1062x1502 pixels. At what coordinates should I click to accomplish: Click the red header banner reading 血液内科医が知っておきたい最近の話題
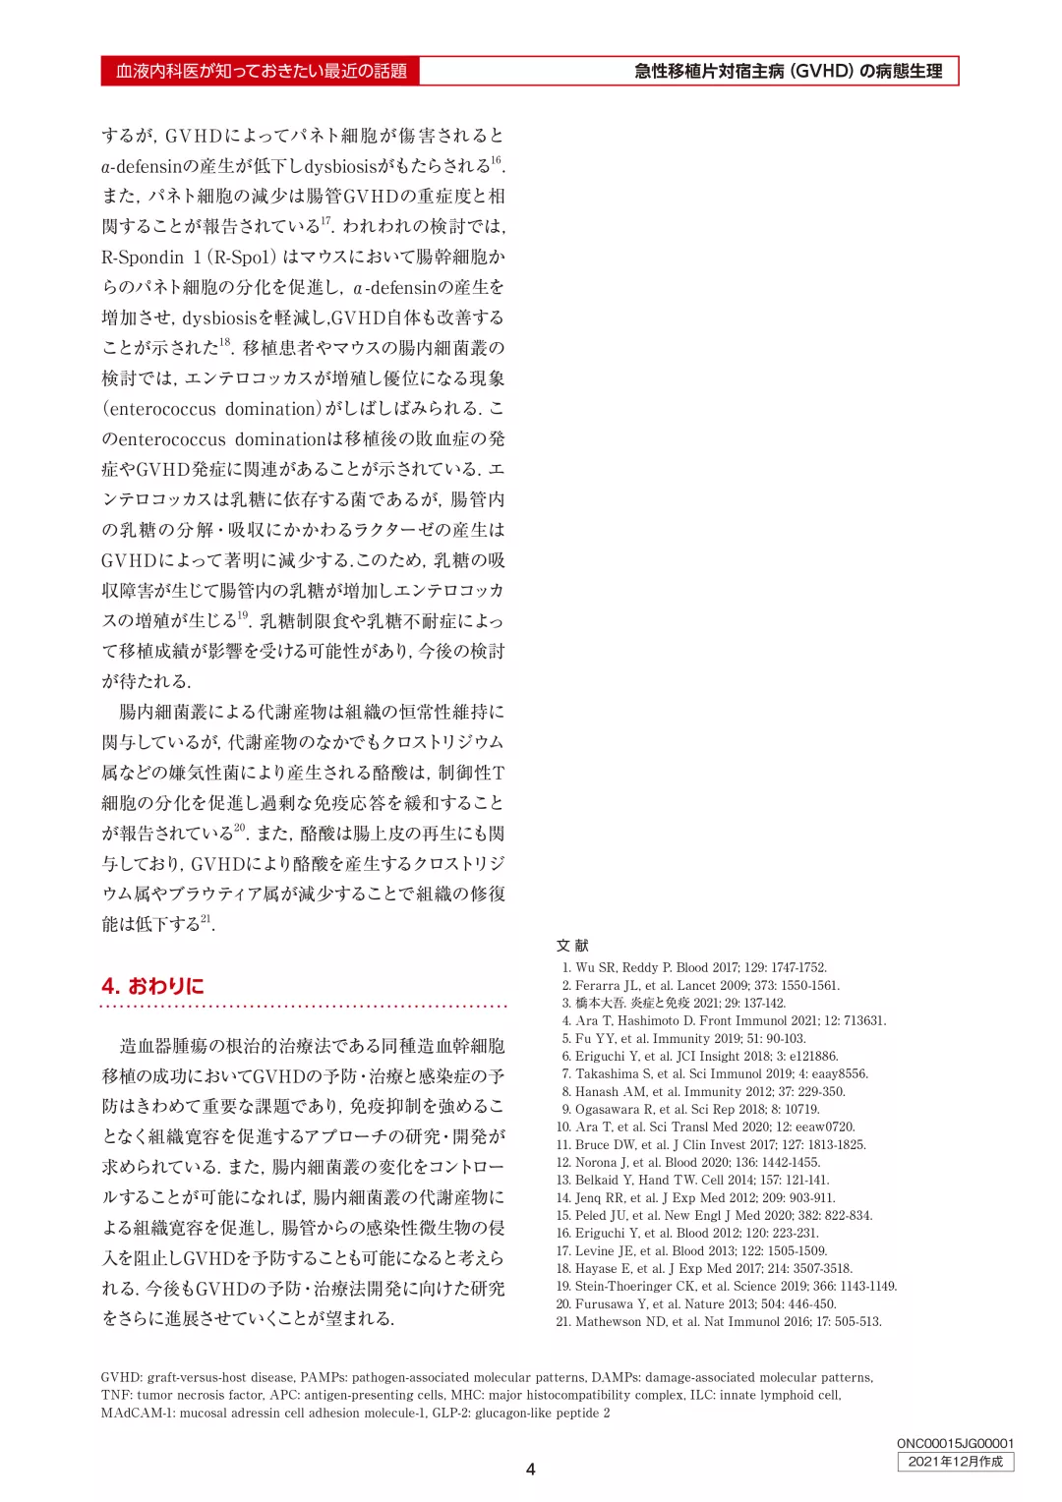coord(261,71)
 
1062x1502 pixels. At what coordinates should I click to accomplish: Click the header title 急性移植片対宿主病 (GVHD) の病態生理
coord(788,71)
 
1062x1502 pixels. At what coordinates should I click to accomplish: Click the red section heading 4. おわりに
coord(152,985)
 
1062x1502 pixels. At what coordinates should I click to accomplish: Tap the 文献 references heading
coord(572,945)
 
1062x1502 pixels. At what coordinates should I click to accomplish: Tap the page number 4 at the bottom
coord(531,1469)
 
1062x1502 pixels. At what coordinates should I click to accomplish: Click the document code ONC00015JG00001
coord(955,1443)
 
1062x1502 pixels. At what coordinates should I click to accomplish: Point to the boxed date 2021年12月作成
coord(955,1462)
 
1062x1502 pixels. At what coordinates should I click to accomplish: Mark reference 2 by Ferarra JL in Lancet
coord(707,985)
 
